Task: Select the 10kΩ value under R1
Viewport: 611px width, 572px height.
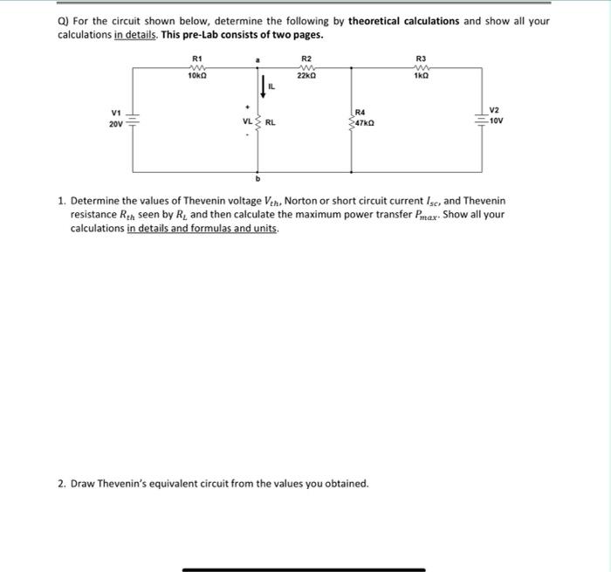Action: click(x=196, y=77)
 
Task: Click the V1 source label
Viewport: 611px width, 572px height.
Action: click(x=116, y=114)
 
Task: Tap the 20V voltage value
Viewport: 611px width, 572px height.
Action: click(x=116, y=124)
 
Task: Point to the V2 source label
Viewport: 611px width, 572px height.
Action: click(x=495, y=111)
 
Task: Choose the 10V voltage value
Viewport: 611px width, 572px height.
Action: click(x=496, y=121)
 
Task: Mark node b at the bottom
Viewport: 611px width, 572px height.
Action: click(x=257, y=177)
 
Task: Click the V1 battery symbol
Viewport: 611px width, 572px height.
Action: click(x=134, y=120)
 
